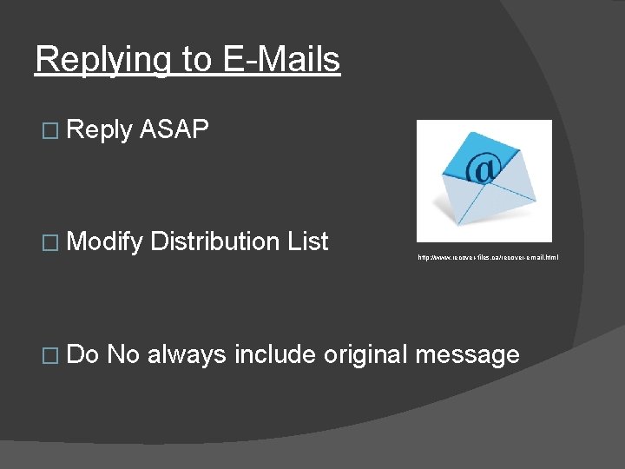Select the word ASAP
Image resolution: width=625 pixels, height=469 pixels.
[x=174, y=130]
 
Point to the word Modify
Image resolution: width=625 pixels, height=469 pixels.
[x=104, y=242]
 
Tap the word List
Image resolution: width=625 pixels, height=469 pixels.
[x=308, y=241]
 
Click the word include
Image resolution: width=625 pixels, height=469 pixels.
[x=275, y=354]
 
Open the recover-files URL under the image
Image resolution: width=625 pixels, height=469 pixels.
[x=489, y=257]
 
